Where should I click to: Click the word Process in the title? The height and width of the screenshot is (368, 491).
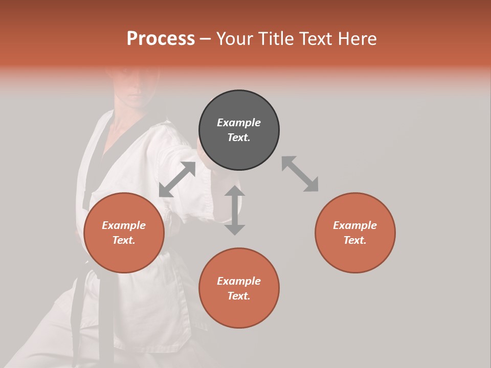(x=161, y=39)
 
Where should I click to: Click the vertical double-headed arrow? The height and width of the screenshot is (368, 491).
(x=235, y=210)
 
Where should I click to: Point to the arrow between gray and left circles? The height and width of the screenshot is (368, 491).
(x=177, y=179)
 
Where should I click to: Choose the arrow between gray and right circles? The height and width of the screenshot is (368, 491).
(x=300, y=174)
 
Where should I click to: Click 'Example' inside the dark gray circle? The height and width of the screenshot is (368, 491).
(x=239, y=123)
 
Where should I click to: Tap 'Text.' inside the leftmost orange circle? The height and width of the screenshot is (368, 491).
(x=124, y=240)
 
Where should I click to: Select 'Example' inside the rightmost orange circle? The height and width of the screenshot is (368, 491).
(x=355, y=225)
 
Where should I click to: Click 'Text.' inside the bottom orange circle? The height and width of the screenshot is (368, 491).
(x=239, y=296)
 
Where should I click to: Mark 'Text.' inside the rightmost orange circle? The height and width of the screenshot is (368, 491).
(x=355, y=240)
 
